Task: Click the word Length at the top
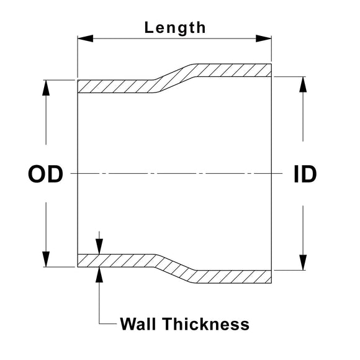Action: [x=175, y=28]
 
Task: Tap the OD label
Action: [x=45, y=174]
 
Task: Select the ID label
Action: [x=305, y=174]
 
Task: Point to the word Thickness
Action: [x=206, y=324]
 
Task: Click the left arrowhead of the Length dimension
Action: [x=86, y=38]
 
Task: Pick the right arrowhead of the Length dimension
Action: [x=264, y=38]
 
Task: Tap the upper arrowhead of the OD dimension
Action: [x=46, y=88]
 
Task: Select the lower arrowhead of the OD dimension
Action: [x=46, y=259]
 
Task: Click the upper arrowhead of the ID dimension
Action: [x=303, y=84]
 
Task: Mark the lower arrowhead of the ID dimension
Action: [x=303, y=263]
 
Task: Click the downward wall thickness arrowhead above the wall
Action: [x=99, y=246]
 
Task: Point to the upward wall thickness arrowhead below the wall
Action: [x=99, y=275]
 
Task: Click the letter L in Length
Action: [x=148, y=28]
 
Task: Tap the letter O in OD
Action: [x=37, y=174]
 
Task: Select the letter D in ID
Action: [x=310, y=174]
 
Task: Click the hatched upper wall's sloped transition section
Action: [x=175, y=78]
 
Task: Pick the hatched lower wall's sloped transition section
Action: [x=175, y=269]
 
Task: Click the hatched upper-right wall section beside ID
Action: [x=234, y=70]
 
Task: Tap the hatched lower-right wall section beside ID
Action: [x=234, y=277]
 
